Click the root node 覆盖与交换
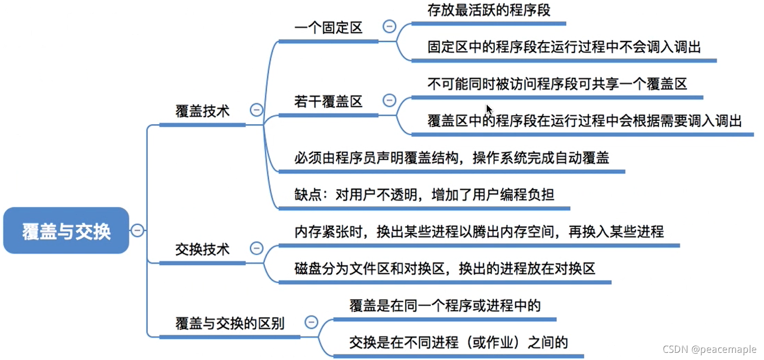point(66,231)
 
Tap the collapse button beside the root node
point(137,231)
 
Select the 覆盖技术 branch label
point(203,111)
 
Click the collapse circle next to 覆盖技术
point(256,110)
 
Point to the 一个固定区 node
point(329,28)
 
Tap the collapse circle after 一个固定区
point(390,26)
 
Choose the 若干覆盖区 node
point(329,102)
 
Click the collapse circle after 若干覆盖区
point(390,100)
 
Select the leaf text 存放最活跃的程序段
point(489,10)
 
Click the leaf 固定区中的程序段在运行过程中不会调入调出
point(564,47)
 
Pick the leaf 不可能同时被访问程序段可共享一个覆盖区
point(557,84)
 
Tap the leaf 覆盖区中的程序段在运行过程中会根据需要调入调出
point(585,121)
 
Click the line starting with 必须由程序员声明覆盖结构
point(452,158)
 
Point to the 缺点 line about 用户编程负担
point(425,195)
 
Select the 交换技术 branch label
point(203,250)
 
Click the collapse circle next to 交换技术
point(256,249)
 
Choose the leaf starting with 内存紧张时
point(479,232)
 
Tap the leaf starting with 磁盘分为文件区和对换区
point(445,268)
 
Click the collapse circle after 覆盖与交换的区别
point(311,322)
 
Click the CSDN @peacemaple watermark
point(709,350)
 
